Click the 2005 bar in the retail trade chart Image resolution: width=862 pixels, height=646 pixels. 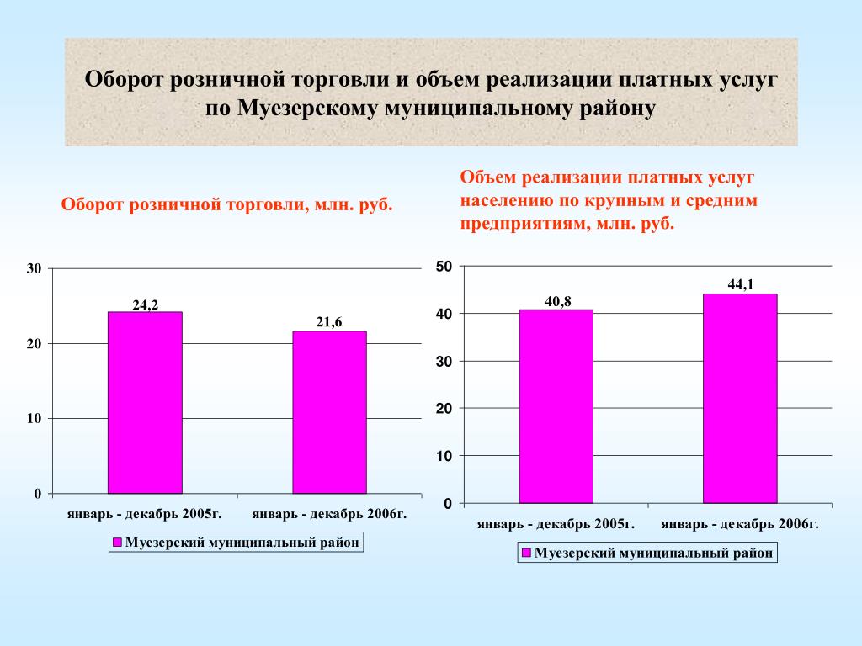pos(145,403)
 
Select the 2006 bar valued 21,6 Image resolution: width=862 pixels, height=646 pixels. pos(329,412)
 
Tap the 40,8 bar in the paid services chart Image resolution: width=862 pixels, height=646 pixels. pos(556,406)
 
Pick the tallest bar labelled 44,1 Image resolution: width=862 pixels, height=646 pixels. pos(740,398)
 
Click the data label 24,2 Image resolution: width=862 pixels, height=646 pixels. pos(145,304)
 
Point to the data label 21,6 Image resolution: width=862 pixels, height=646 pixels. pos(329,322)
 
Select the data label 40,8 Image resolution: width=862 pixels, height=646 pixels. pos(558,302)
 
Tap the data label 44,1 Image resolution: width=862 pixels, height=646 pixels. pos(741,284)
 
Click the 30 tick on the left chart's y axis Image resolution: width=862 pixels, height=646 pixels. pos(34,268)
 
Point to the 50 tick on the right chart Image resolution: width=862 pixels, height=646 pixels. pos(444,267)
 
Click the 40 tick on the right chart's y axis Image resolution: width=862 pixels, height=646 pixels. pos(444,314)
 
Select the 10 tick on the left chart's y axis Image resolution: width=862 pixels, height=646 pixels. pos(34,419)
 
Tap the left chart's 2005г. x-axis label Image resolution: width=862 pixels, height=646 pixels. pos(145,514)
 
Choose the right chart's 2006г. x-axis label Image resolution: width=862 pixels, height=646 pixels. pos(740,524)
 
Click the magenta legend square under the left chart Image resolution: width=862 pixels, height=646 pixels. pos(117,543)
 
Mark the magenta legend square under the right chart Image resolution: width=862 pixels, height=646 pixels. pos(526,553)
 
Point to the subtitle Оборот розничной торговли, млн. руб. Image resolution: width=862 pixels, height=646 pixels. pos(227,204)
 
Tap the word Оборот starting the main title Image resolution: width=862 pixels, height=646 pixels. pos(124,79)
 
